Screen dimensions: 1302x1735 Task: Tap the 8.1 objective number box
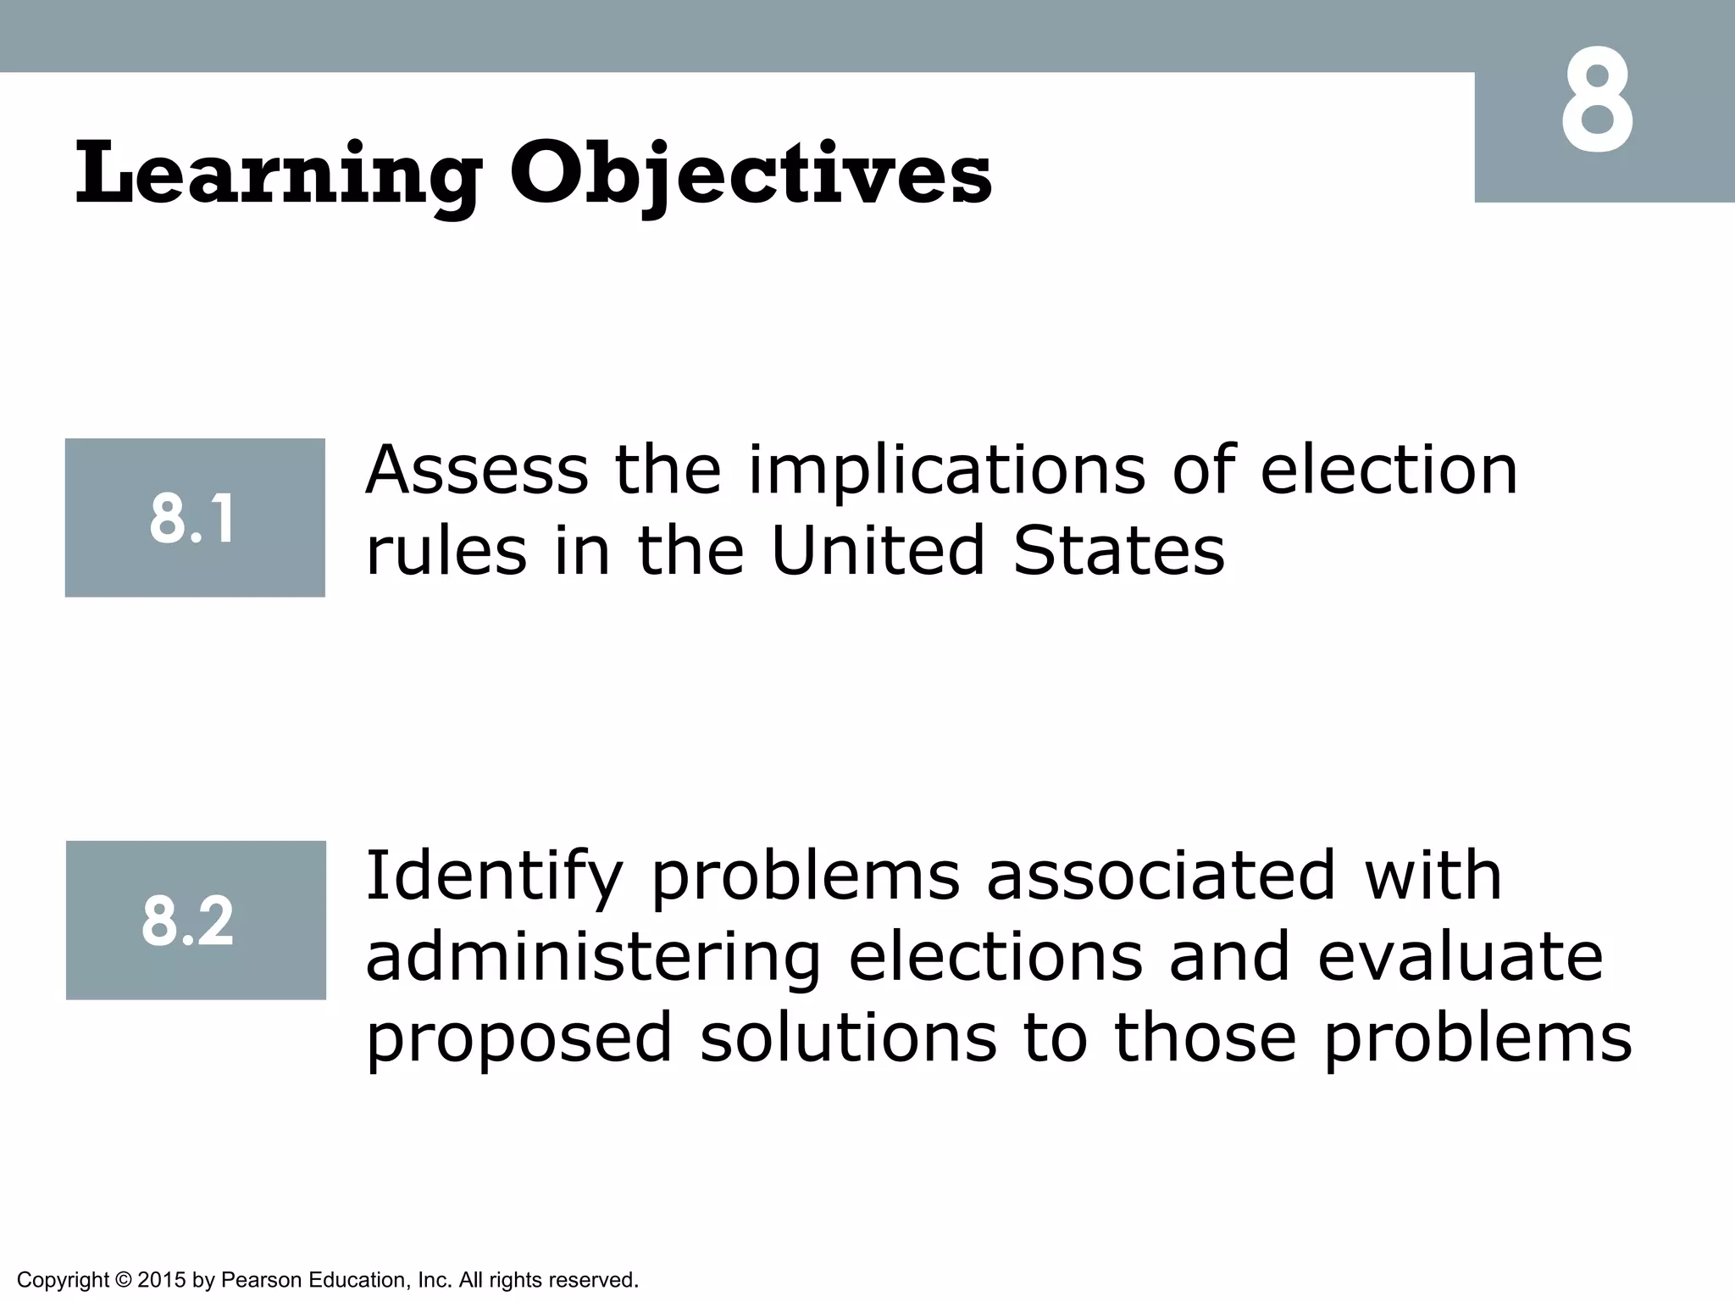195,518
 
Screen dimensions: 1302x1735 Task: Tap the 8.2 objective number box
196,921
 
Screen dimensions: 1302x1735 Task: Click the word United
879,551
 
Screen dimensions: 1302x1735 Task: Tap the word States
1119,551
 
